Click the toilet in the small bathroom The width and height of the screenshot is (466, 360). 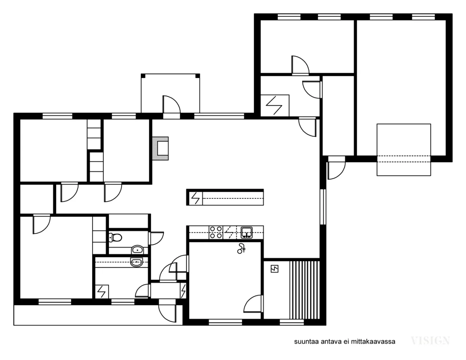click(x=116, y=238)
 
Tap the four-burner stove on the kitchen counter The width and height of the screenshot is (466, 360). click(x=216, y=232)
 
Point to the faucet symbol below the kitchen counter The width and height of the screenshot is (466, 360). click(x=241, y=249)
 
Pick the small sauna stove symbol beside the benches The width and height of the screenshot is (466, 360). click(x=274, y=269)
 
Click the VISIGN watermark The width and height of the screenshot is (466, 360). click(x=430, y=341)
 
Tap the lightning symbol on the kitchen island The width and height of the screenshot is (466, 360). click(x=195, y=198)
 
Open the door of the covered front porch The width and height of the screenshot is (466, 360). click(x=171, y=106)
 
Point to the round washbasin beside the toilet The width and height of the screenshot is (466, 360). click(x=137, y=250)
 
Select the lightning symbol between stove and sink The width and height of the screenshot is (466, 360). click(x=229, y=232)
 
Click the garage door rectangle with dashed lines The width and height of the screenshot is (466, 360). click(x=404, y=150)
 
